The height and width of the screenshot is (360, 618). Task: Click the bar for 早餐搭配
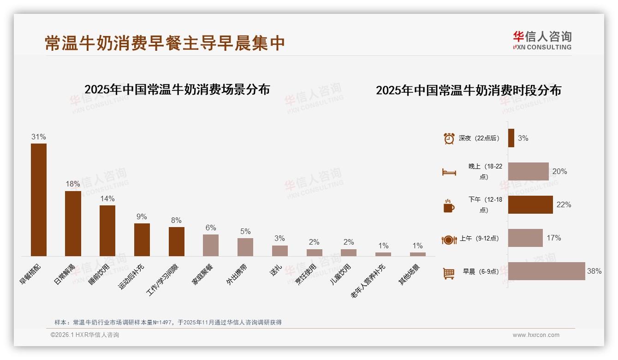[39, 199]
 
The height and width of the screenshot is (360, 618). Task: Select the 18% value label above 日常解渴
[73, 184]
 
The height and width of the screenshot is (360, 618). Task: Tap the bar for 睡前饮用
[107, 230]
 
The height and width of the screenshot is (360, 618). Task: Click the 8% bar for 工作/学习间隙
[176, 241]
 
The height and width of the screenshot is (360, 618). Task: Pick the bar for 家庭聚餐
[211, 245]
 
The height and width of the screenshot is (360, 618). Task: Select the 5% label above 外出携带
[245, 231]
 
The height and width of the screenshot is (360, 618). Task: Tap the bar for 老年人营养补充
[383, 254]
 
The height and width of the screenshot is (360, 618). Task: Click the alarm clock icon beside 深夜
[449, 138]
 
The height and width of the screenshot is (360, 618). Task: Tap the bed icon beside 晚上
[449, 172]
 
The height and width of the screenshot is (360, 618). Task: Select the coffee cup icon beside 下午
[449, 205]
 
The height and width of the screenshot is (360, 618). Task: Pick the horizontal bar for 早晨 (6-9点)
[547, 271]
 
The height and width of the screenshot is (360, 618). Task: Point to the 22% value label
[564, 205]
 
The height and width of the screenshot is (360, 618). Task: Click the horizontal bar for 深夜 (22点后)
[511, 138]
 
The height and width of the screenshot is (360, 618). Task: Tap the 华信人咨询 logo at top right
[542, 40]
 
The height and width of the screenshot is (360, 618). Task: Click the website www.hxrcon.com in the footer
[536, 335]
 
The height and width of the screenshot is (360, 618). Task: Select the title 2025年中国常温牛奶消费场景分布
[177, 90]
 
